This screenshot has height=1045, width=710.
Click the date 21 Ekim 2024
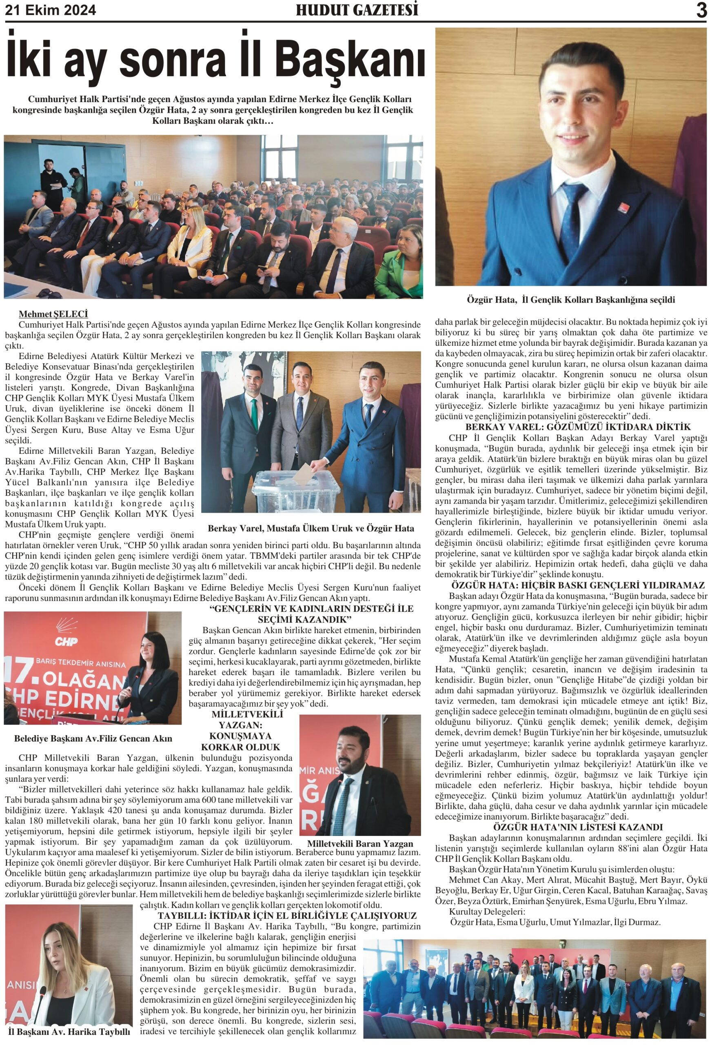pos(50,10)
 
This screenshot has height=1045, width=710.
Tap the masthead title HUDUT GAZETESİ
pos(357,10)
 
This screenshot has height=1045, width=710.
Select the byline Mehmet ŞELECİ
pos(53,314)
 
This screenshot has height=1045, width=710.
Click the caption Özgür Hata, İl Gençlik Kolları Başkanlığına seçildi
pos(570,300)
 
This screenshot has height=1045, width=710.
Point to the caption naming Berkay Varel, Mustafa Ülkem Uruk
pos(311,528)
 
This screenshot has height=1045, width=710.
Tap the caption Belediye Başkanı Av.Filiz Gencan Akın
pos(93,738)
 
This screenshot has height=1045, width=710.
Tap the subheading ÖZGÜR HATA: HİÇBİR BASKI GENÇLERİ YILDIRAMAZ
pos(578,585)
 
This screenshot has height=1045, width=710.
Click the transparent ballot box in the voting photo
pos(297,490)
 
